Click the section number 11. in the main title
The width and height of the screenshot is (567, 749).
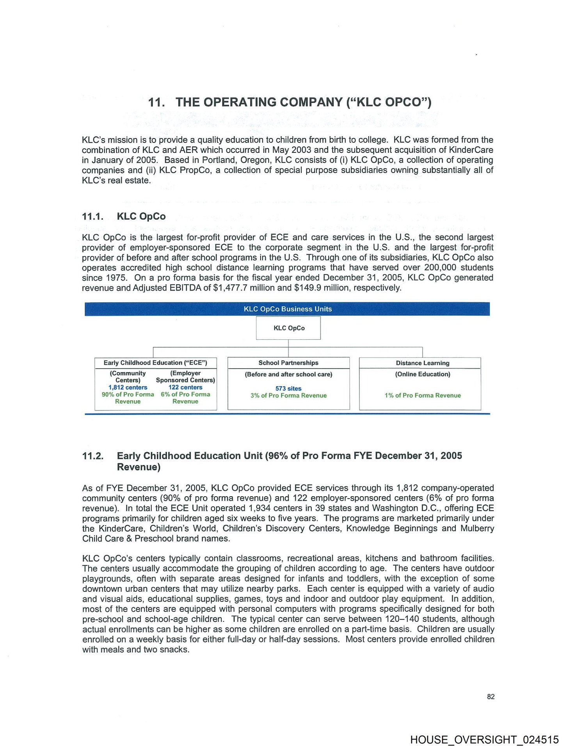156,103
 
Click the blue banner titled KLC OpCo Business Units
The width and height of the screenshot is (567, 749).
287,309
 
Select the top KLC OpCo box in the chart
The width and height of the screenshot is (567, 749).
288,328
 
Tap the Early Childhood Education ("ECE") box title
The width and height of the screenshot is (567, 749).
155,363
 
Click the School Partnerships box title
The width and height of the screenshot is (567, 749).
288,363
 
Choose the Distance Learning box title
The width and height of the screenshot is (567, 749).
422,363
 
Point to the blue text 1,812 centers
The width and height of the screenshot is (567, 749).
128,387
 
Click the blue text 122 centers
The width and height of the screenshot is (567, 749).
185,387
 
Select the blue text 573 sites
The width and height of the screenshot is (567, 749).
288,389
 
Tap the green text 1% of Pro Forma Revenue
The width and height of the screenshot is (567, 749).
422,396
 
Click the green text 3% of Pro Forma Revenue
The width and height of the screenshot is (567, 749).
288,396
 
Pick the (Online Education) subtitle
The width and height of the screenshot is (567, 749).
422,374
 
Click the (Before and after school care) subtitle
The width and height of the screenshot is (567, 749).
288,374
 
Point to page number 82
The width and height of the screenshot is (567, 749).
491,697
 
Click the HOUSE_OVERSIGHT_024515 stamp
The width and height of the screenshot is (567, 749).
484,740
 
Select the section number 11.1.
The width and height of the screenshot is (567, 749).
92,217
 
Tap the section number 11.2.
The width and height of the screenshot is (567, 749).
93,456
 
